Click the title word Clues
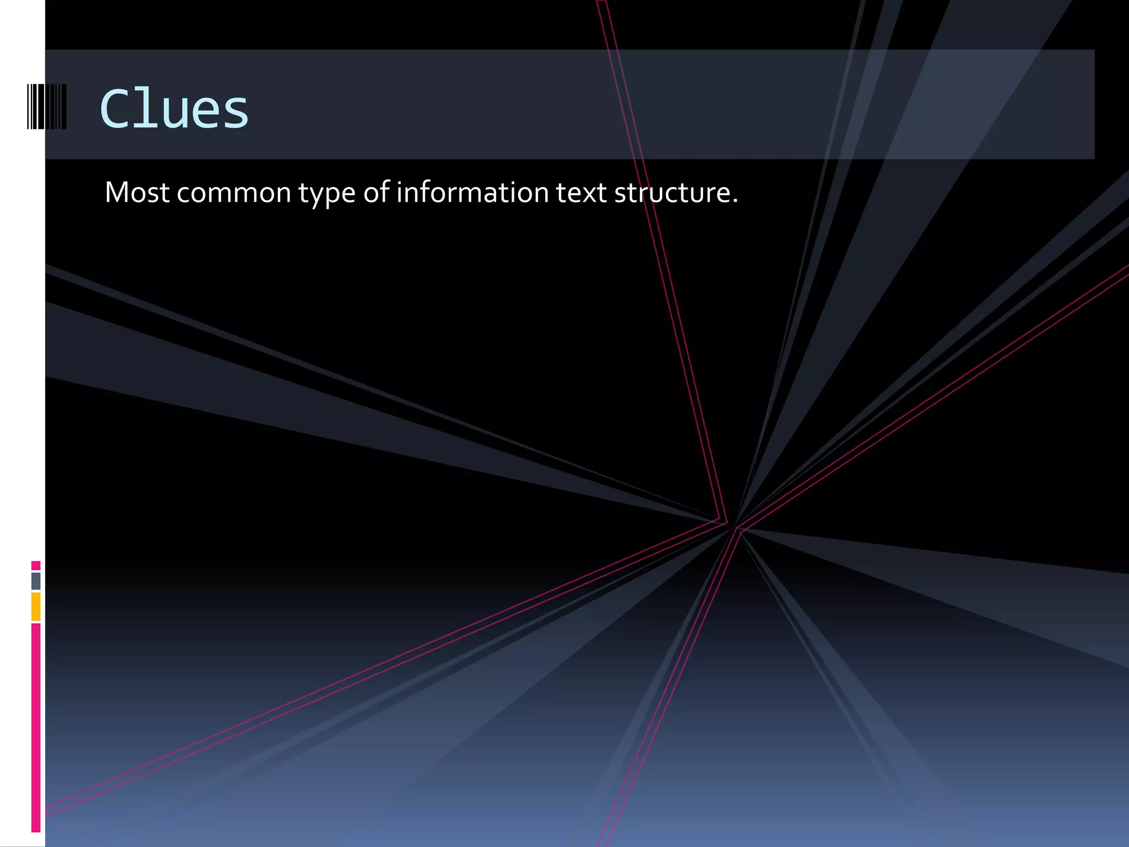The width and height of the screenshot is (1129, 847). point(174,109)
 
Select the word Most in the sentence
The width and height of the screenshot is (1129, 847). point(137,192)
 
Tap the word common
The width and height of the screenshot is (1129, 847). point(234,194)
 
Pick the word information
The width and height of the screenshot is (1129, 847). point(472,192)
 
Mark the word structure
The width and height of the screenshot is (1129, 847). point(672,193)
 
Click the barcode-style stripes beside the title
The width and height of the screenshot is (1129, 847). point(47,106)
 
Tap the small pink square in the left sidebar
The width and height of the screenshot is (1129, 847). point(36,565)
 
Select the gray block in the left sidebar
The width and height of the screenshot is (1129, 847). point(36,581)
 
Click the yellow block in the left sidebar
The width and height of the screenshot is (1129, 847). point(36,607)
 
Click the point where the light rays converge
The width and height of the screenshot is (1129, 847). point(733,525)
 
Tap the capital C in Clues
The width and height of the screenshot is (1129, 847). point(117,109)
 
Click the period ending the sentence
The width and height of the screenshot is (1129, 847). point(735,201)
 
